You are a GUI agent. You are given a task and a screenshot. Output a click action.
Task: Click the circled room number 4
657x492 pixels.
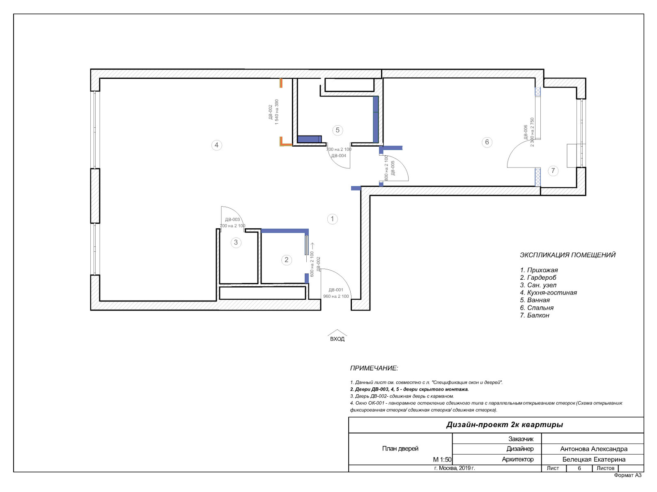(x=216, y=145)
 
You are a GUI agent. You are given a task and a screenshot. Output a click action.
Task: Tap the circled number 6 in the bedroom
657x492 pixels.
(x=487, y=142)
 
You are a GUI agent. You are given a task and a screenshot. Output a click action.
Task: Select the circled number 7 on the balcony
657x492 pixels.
(x=553, y=171)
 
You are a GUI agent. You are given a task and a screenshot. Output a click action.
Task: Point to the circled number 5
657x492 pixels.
(x=338, y=130)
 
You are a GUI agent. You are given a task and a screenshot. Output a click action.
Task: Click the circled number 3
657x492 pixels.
(x=236, y=242)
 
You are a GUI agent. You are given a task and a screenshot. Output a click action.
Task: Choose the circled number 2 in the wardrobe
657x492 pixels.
(x=287, y=260)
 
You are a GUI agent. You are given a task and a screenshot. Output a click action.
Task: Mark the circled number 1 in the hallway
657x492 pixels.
(x=332, y=219)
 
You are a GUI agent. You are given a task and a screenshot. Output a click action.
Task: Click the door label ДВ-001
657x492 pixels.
(x=336, y=290)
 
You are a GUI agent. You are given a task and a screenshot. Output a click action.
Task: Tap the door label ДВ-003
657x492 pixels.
(x=232, y=219)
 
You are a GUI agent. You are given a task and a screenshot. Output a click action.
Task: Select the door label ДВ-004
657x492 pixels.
(x=338, y=156)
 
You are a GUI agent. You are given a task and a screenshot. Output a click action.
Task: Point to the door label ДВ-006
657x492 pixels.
(x=526, y=132)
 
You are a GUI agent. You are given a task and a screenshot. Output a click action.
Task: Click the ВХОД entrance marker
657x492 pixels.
(x=338, y=339)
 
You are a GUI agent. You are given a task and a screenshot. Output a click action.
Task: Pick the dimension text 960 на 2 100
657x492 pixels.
(x=336, y=296)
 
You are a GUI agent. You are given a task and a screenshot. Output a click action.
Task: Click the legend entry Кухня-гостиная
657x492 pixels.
(x=551, y=293)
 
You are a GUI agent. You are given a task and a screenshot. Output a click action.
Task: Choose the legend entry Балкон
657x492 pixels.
(x=538, y=315)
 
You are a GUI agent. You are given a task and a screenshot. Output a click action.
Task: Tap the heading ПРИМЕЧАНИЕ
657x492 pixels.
(x=374, y=368)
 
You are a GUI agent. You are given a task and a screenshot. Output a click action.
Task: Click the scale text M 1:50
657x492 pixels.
(x=442, y=460)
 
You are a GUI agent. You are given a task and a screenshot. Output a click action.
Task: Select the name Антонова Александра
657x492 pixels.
(x=594, y=449)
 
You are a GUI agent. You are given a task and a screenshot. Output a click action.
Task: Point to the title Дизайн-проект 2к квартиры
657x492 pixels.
(x=504, y=425)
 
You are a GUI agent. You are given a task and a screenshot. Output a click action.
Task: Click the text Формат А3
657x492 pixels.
(x=628, y=475)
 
